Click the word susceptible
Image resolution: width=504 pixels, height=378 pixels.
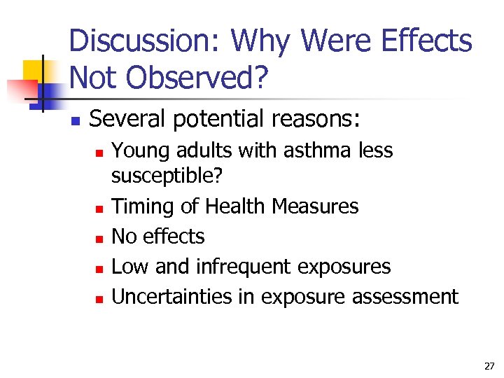click(167, 177)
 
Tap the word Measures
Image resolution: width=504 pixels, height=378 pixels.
click(315, 206)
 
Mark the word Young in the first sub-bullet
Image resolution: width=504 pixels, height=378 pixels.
click(137, 150)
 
